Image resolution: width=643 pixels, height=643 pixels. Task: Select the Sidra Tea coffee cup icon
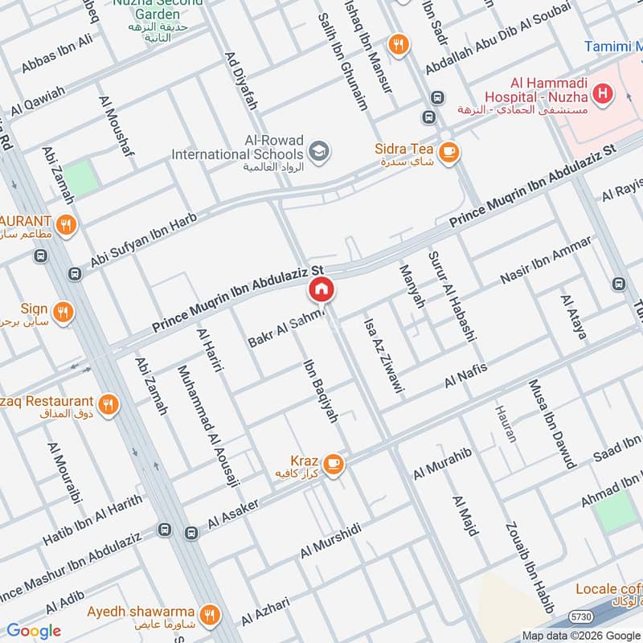pyautogui.click(x=448, y=150)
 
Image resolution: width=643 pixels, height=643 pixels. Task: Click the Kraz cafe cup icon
pyautogui.click(x=333, y=464)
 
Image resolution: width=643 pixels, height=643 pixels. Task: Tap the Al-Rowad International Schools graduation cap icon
pyautogui.click(x=319, y=152)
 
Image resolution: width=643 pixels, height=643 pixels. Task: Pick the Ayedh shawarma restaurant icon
pyautogui.click(x=210, y=615)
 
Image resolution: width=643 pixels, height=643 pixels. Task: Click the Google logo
pyautogui.click(x=34, y=631)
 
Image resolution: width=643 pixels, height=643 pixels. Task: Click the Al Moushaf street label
pyautogui.click(x=116, y=130)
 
